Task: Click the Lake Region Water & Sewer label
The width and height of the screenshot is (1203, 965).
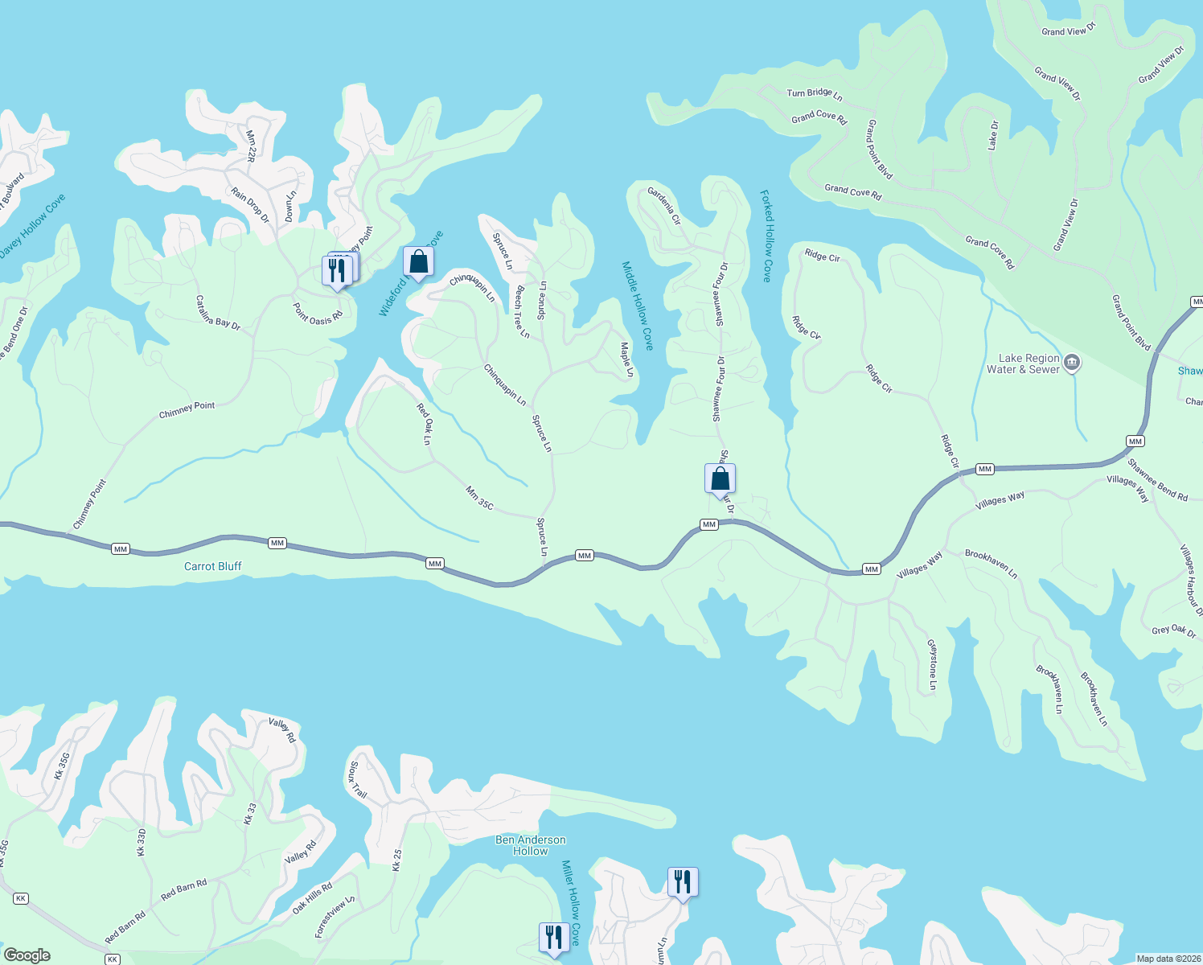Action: pos(1023,364)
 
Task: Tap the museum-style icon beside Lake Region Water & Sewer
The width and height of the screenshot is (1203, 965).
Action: pos(1071,363)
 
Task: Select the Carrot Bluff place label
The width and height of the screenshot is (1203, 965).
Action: pos(212,566)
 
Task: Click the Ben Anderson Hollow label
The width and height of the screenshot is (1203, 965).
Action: pos(530,845)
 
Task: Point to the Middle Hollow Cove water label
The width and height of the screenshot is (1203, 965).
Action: pos(638,305)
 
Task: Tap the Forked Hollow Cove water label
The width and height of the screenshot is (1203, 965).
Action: pos(767,236)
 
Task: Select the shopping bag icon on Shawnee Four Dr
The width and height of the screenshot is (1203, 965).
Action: pos(721,479)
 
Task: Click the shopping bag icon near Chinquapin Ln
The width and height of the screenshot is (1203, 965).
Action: pos(418,261)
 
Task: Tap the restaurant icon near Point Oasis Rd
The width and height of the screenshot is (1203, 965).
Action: pos(337,270)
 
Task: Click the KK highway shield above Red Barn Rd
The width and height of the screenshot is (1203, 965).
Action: pos(21,898)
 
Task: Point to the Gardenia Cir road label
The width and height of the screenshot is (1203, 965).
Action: pos(664,205)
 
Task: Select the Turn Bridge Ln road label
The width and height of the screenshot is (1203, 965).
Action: pos(814,94)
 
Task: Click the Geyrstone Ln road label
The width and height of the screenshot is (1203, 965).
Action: pos(932,665)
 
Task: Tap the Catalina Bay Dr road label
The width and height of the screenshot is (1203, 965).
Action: pos(218,312)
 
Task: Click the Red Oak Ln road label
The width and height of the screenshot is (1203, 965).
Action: pos(424,424)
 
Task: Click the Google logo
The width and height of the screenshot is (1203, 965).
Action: pos(27,955)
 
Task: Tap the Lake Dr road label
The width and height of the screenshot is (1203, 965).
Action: pos(993,135)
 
